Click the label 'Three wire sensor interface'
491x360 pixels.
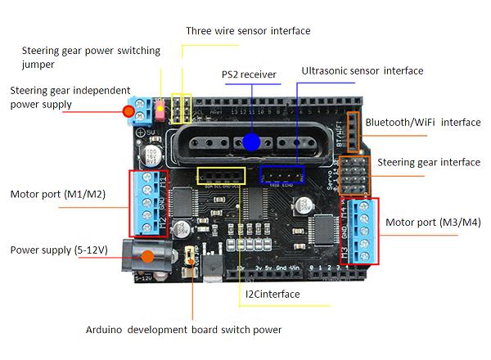(x=248, y=31)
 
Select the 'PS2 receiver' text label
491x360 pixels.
(x=250, y=75)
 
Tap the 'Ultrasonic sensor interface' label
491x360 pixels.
(x=362, y=71)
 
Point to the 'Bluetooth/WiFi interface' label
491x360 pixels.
(x=423, y=123)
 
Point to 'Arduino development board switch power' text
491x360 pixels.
(x=183, y=331)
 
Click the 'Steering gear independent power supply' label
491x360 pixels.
(x=70, y=97)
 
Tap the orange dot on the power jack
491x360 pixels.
(x=147, y=256)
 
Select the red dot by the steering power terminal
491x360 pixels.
(x=128, y=111)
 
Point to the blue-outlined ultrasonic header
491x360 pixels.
(x=282, y=174)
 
